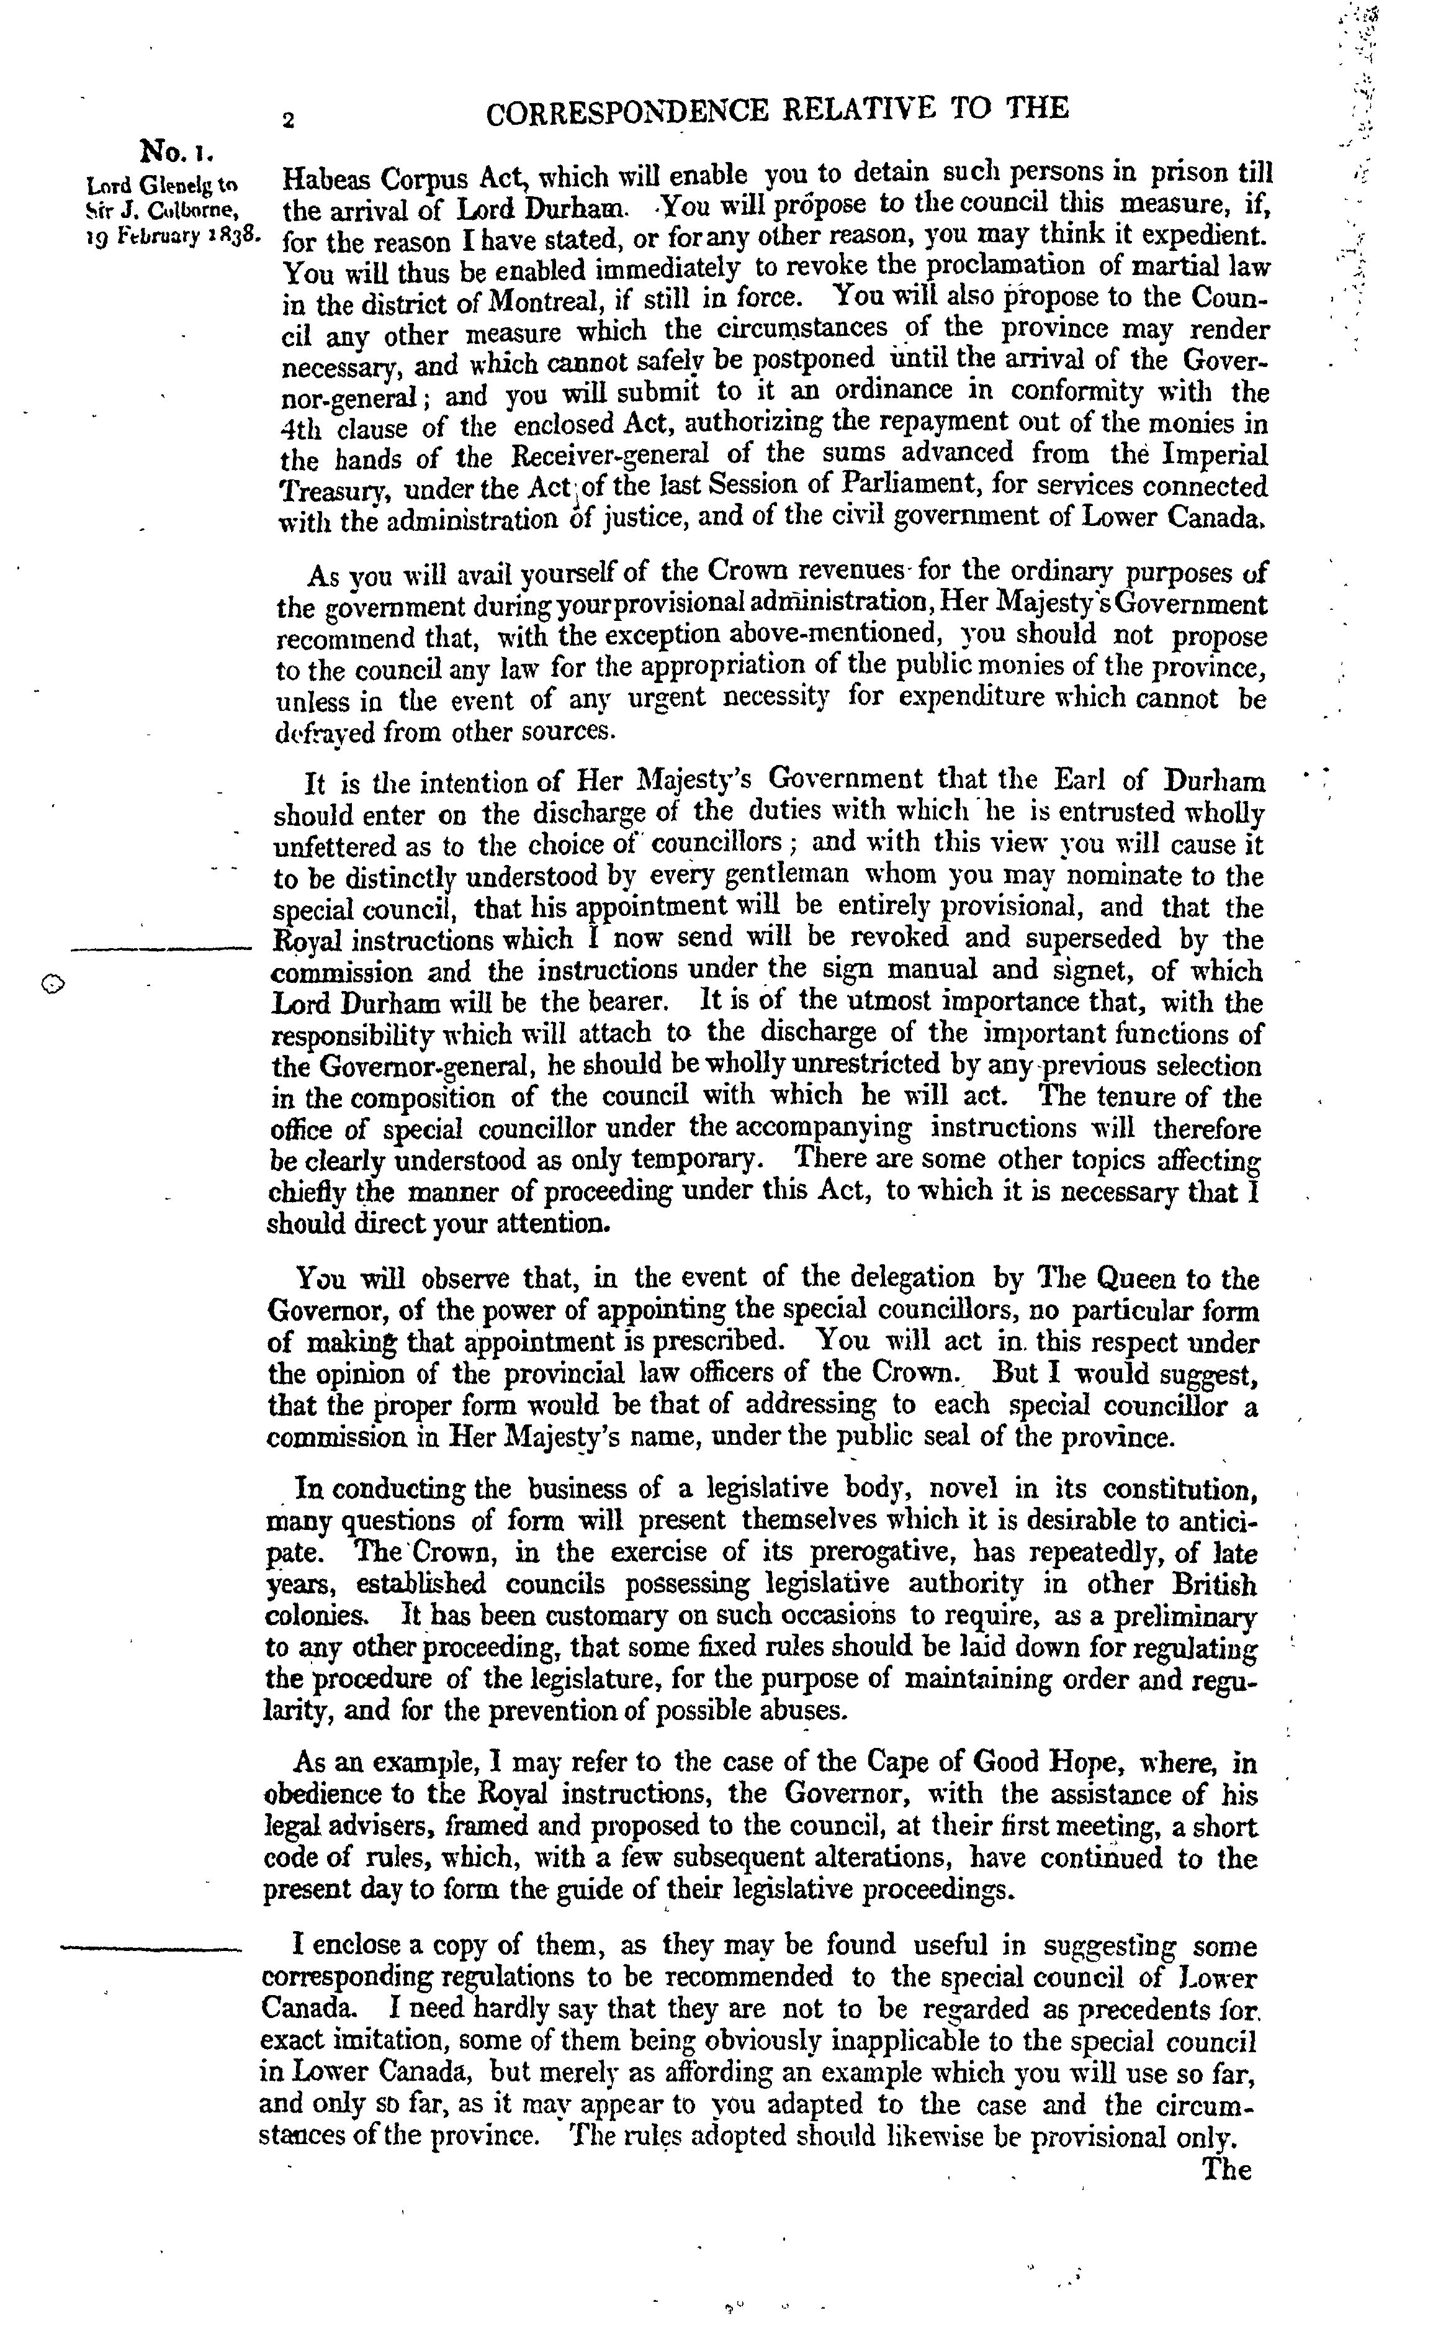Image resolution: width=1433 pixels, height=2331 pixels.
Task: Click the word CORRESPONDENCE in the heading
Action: (x=626, y=112)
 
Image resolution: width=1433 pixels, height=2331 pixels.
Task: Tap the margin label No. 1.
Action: (x=179, y=152)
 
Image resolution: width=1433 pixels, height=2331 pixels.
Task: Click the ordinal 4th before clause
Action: (x=302, y=428)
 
